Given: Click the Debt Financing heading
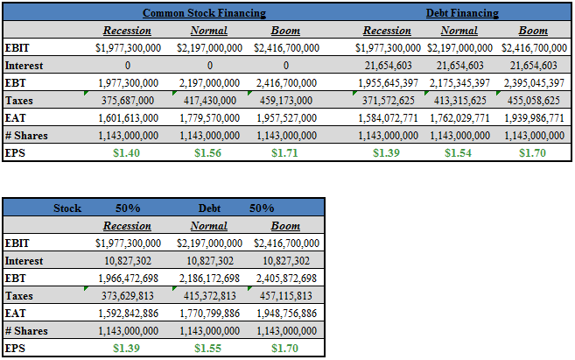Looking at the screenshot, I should pos(462,14).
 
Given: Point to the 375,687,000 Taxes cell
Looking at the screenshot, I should pos(128,100).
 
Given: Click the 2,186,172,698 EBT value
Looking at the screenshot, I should pos(208,278).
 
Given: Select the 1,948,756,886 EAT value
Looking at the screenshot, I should pos(286,314).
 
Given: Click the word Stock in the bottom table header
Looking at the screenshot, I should pos(67,208).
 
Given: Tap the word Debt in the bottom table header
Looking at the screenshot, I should pos(208,208).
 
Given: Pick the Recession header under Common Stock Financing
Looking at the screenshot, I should pos(128,31).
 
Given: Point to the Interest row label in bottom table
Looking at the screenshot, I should pos(24,260).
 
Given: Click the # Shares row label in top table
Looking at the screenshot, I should pos(26,136).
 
